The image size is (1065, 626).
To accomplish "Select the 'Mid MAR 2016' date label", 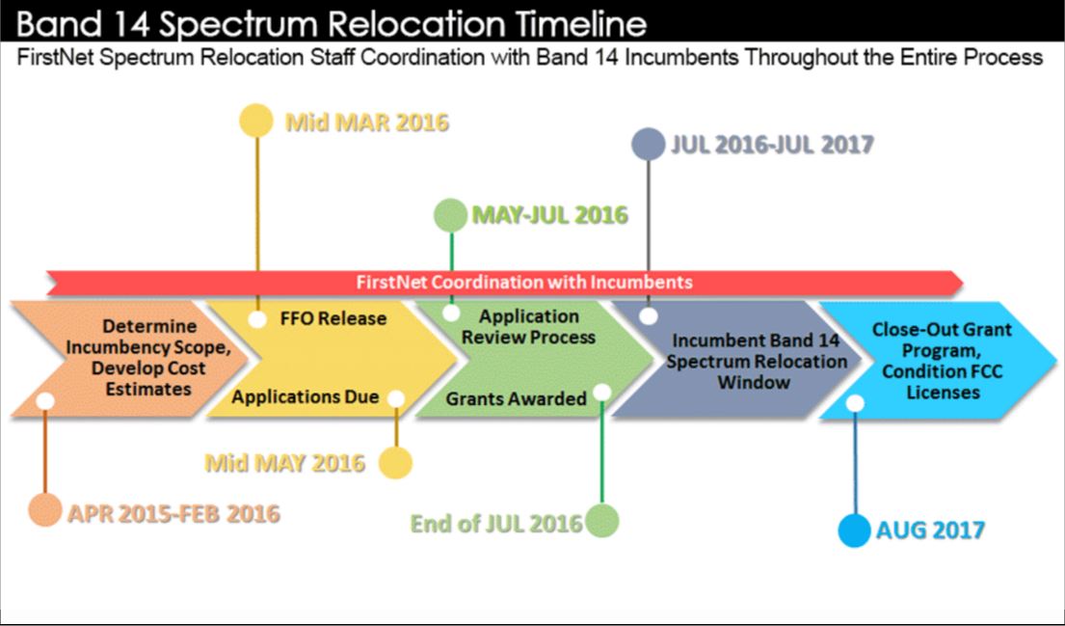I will pos(366,122).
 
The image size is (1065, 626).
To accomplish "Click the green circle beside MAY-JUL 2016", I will pos(450,214).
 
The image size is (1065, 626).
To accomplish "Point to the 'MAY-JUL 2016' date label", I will pos(548,215).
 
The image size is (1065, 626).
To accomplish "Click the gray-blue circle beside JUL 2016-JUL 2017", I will pos(648,144).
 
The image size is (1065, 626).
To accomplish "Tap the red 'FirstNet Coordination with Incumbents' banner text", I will pos(523,283).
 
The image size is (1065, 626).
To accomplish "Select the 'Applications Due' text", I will pos(305,397).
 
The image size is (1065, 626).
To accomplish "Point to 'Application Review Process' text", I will pos(529,327).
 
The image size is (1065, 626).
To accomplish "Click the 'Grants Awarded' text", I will pos(516,398).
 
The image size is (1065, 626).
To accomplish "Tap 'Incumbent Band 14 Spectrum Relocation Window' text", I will pos(756,362).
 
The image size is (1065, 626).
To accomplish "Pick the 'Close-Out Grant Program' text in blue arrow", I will pos(928,340).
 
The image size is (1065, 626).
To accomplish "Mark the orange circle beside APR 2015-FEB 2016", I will pos(44,510).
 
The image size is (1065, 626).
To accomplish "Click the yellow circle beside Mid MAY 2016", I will pos(395,463).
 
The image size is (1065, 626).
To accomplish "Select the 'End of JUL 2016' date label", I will pos(496,524).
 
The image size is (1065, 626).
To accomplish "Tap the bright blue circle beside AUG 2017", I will pos(854,531).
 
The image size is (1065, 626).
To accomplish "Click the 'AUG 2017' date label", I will pos(930,531).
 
